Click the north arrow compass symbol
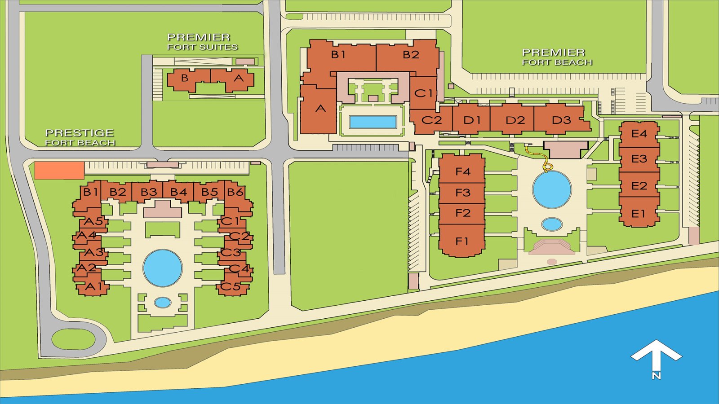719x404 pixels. coord(656,357)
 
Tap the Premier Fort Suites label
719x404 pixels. coord(202,42)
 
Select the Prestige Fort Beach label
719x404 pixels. coord(80,137)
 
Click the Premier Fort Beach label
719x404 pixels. coord(556,57)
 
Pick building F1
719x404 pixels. coord(462,241)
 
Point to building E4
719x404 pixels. coord(639,134)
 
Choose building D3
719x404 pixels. coord(561,120)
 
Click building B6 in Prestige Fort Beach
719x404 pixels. coord(235,193)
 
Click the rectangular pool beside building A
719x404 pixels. coord(373,122)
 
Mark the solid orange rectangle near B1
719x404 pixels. coord(59,171)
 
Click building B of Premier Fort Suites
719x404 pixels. coord(184,79)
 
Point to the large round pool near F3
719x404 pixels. coord(552,189)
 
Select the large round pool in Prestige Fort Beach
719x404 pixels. coord(163,268)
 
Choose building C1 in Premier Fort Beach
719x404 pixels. coord(423,93)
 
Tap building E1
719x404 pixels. coord(638,214)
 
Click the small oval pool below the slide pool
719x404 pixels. coord(552,224)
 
